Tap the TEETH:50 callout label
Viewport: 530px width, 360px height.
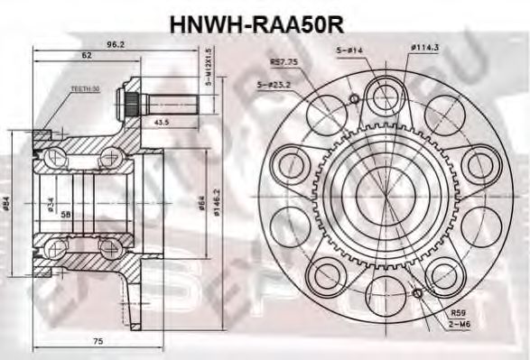[x=83, y=89]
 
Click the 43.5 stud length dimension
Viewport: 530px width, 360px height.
[x=163, y=121]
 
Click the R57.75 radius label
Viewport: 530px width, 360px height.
[x=284, y=62]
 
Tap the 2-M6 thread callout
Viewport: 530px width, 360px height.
[x=460, y=324]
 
